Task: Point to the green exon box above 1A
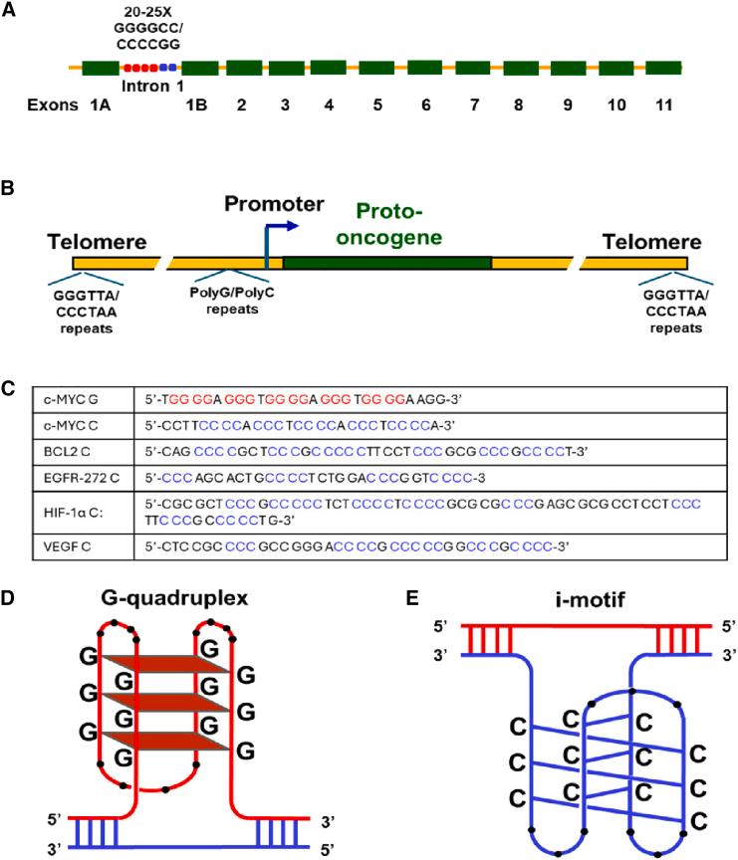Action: tap(100, 69)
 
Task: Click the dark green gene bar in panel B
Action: tap(387, 263)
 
